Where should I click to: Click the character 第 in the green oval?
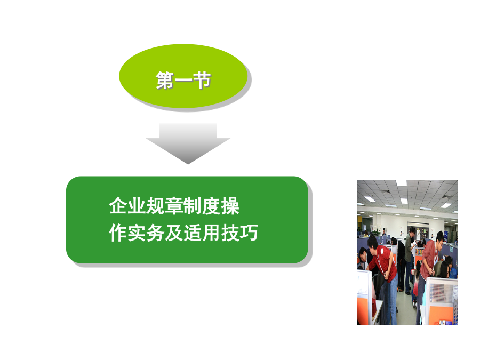click(x=165, y=81)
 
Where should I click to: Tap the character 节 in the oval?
click(x=202, y=81)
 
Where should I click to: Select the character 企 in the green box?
click(x=118, y=206)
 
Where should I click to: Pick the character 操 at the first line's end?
click(x=230, y=206)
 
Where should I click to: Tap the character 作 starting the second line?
click(x=118, y=233)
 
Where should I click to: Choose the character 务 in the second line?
click(x=155, y=233)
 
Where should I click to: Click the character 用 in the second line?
click(x=211, y=233)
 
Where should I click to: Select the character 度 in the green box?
click(x=211, y=206)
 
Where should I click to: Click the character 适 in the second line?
click(x=193, y=233)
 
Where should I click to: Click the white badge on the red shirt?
click(x=382, y=251)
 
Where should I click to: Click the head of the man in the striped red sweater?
click(x=439, y=238)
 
